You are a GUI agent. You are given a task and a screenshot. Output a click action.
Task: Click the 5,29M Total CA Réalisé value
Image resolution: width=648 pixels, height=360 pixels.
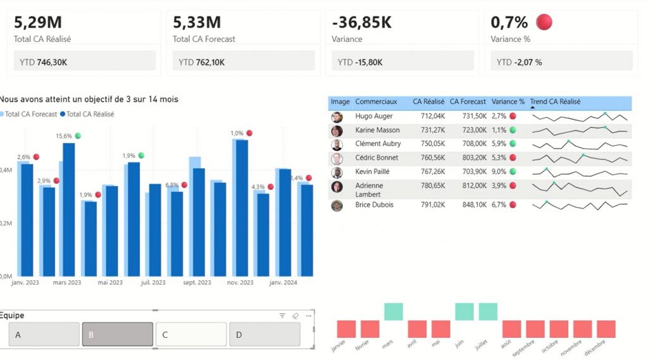[38, 23]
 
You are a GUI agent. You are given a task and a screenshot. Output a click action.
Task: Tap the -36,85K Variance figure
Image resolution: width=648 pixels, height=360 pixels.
[361, 23]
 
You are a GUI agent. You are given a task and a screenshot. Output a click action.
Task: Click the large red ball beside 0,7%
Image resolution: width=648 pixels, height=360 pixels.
[544, 22]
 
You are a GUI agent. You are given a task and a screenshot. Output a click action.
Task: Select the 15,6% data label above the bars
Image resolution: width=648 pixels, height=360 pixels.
[64, 136]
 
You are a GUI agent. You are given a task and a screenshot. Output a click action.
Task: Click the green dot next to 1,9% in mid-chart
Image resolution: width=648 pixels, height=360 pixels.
[141, 155]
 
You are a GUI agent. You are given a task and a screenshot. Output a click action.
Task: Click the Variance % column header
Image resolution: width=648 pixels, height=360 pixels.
[508, 102]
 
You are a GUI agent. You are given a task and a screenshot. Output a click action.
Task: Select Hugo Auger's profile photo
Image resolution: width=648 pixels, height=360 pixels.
[337, 117]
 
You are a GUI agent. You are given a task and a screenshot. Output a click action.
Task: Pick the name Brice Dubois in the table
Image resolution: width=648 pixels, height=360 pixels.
[374, 205]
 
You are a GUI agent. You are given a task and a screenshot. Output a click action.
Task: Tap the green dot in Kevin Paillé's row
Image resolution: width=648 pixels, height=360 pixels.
[513, 171]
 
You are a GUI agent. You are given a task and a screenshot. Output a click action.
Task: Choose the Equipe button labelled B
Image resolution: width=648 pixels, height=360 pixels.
[118, 334]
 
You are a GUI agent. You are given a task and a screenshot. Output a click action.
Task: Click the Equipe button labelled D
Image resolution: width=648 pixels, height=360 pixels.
[265, 334]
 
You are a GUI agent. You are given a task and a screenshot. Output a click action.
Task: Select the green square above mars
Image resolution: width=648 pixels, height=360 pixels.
[394, 311]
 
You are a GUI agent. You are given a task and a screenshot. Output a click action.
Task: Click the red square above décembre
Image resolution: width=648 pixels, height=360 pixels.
[606, 329]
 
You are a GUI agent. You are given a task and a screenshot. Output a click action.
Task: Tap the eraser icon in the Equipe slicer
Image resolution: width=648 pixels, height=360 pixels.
[296, 316]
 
